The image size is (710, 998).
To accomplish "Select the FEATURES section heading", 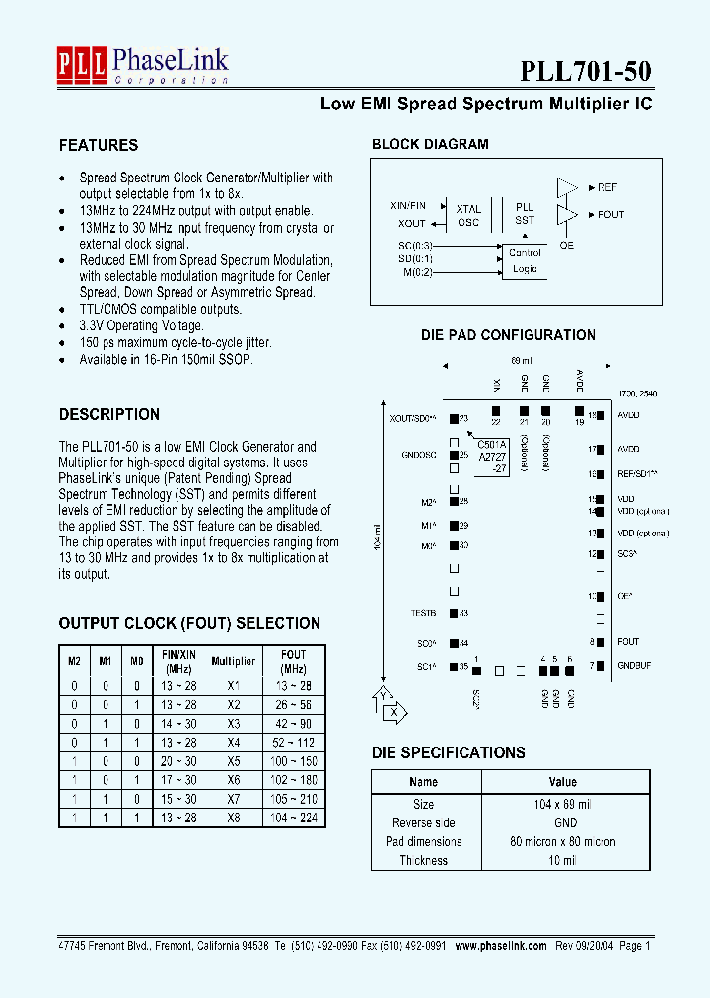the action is point(99,145).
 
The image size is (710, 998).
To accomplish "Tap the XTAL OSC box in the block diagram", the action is point(468,215).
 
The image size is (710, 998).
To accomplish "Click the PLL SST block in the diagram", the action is point(525,214).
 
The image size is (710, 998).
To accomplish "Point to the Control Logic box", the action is point(525,261).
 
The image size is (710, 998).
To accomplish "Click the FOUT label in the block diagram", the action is point(610,214).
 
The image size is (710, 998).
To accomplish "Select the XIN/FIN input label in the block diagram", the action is point(408,205).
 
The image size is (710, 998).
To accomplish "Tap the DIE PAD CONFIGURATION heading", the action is point(508,335).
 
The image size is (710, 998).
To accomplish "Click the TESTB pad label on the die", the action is point(423,613).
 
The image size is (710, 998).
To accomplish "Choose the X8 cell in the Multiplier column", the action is point(233,818).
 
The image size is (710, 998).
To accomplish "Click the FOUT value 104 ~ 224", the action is point(294,818).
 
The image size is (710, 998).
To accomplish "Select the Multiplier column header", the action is point(233,661).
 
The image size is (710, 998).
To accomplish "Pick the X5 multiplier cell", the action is point(233,761).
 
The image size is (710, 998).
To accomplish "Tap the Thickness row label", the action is point(423,860).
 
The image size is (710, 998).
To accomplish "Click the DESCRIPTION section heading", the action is point(109,414).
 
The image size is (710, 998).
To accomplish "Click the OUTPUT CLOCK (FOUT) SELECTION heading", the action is point(189,623).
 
